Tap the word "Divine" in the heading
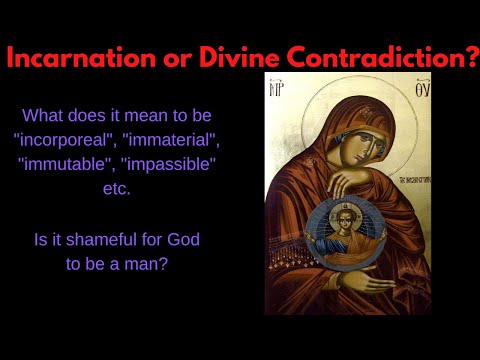click(246, 56)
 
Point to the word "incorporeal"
click(78, 141)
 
